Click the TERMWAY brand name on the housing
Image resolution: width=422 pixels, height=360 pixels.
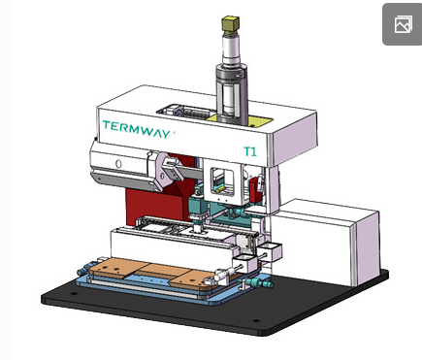coord(137,129)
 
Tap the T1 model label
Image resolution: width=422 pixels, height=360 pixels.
coord(250,151)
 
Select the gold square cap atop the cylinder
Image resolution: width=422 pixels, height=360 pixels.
coord(230,23)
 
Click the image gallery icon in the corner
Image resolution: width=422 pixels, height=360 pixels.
coord(403,24)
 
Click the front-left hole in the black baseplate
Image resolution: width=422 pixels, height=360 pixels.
coord(74,294)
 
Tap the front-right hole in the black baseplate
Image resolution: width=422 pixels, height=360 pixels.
coord(256,321)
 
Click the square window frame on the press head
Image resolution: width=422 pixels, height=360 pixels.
coord(222,181)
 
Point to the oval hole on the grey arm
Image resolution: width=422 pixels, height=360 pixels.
coord(118,164)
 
